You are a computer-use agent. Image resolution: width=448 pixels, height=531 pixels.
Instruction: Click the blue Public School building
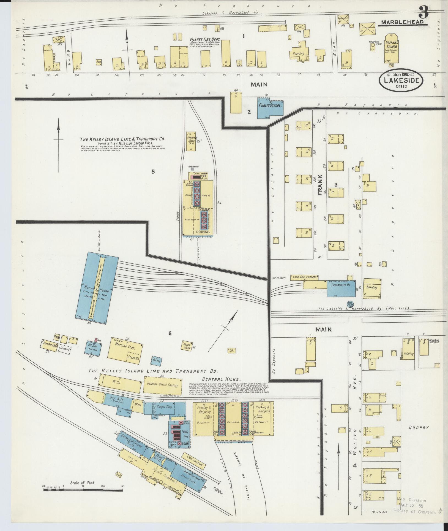click(270, 108)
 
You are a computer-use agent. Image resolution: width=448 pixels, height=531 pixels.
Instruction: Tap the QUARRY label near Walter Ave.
click(419, 427)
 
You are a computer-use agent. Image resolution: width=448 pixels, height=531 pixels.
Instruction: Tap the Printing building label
click(409, 354)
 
